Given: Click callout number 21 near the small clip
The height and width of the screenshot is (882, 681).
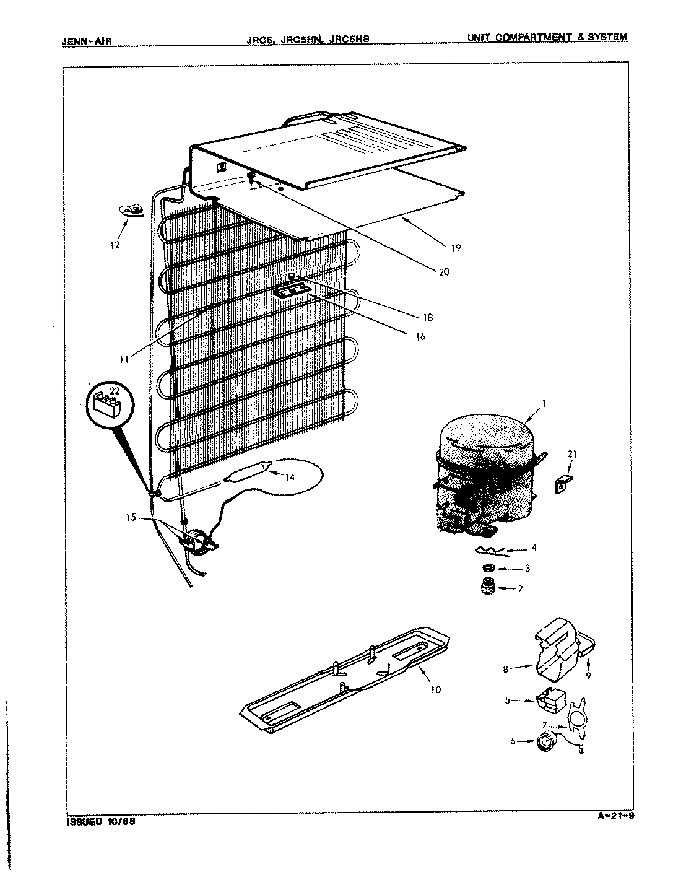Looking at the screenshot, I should [x=571, y=455].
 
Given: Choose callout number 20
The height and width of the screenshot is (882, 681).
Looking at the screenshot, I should [x=443, y=271].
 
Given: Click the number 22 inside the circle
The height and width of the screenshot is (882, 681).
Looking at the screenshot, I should [x=114, y=390].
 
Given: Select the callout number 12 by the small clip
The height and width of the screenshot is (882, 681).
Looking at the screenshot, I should [x=115, y=245].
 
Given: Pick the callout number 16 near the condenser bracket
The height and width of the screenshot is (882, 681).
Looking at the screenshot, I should [x=420, y=337].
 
